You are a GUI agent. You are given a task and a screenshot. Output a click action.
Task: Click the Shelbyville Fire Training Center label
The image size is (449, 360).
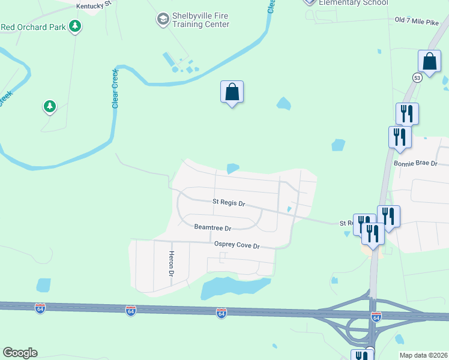[x=200, y=20]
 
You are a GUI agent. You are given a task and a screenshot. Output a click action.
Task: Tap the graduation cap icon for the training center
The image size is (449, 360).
[x=162, y=20]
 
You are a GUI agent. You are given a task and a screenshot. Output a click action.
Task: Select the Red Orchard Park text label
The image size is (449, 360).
[x=33, y=27]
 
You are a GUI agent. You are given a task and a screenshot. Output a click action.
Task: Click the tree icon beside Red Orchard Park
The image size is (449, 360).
[x=75, y=26]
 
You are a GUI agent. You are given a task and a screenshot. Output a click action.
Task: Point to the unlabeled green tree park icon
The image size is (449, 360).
[x=49, y=107]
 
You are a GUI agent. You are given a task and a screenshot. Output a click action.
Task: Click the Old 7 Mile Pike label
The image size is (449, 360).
[x=417, y=21]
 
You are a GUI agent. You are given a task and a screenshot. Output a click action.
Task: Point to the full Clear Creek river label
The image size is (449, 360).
[x=115, y=89]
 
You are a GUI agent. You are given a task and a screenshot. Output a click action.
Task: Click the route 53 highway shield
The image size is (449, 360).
[x=417, y=77]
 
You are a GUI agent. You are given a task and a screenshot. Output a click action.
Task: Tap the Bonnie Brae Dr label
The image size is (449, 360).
[x=416, y=163]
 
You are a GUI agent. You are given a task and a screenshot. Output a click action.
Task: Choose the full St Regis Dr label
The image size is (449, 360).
[x=229, y=203]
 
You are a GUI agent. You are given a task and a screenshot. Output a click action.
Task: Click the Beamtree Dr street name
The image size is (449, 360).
[x=212, y=227]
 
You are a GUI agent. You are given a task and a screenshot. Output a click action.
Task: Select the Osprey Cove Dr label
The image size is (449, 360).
[x=237, y=245]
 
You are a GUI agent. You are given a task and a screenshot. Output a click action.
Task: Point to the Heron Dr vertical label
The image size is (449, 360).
[x=171, y=263]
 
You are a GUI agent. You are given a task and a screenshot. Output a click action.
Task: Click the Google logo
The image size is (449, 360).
[x=20, y=353]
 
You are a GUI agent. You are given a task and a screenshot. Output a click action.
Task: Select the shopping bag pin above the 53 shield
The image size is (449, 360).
[x=430, y=61]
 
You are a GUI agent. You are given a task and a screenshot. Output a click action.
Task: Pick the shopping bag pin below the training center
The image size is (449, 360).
[x=232, y=92]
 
